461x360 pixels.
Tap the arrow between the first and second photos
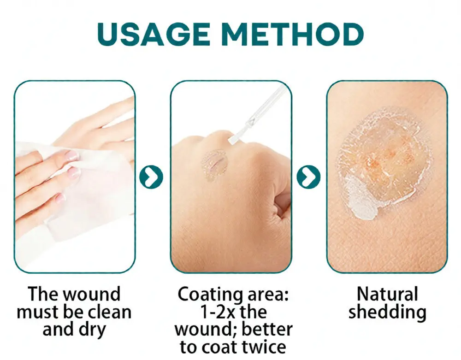(x=151, y=177)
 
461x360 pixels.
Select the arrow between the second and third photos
(x=308, y=177)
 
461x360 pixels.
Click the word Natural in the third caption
(x=387, y=294)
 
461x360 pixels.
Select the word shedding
(x=387, y=312)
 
